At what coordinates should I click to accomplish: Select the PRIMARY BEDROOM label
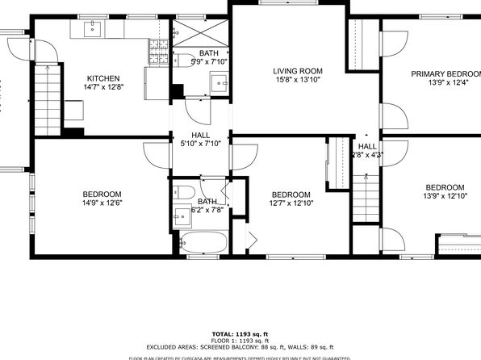click(445, 74)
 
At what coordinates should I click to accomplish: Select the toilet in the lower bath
click(183, 192)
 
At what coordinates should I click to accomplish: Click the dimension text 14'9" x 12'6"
click(102, 203)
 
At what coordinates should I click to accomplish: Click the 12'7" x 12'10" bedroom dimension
click(290, 204)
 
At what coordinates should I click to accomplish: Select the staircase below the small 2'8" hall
click(367, 199)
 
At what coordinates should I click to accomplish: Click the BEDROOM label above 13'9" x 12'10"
click(445, 187)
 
